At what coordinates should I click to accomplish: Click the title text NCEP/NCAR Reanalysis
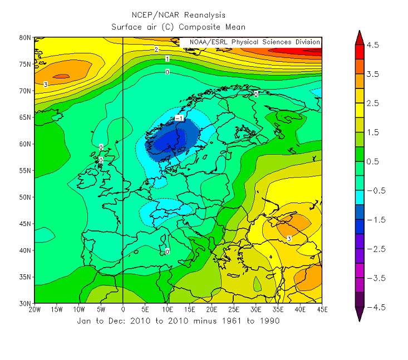178,15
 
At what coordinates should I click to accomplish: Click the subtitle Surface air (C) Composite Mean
178,26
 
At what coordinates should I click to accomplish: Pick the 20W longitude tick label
35,309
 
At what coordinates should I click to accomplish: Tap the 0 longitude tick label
122,309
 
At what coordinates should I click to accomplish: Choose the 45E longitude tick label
321,309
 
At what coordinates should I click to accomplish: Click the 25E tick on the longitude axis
233,309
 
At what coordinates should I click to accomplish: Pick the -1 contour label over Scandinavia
179,119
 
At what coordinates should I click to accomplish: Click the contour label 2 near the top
157,50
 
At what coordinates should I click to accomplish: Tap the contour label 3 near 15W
45,85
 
